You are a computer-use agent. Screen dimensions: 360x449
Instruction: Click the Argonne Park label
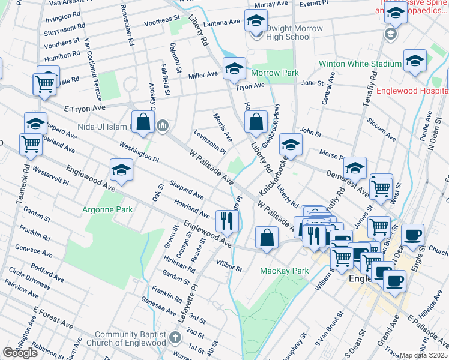pos(108,209)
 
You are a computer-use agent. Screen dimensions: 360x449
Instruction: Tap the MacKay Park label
pos(284,271)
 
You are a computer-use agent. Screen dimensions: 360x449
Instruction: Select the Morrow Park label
pos(274,73)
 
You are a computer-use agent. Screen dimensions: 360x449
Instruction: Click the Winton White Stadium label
pos(360,64)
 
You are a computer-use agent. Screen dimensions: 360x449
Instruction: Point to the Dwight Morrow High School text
pos(288,32)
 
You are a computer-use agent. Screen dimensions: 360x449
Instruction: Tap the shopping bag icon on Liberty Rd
pos(256,122)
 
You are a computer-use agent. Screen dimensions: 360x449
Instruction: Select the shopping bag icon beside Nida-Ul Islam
pos(143,122)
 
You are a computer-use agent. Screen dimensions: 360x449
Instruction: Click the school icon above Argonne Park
pos(121,170)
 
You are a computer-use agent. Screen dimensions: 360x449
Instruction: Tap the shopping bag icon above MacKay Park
pos(267,237)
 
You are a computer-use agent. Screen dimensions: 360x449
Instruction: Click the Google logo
pos(20,353)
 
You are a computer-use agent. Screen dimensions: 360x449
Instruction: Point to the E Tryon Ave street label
pos(84,108)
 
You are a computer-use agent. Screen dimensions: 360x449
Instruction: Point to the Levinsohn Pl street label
pos(209,143)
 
